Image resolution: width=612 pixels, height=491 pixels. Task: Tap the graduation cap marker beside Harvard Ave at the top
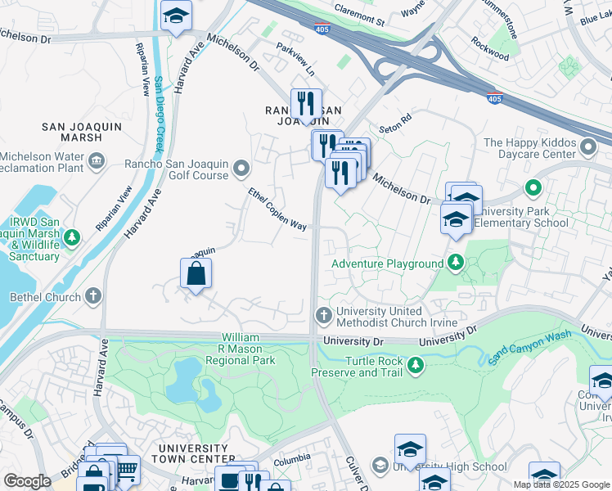(176, 17)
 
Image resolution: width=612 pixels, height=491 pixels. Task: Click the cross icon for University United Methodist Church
(324, 315)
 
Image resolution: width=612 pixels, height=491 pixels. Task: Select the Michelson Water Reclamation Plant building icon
(97, 159)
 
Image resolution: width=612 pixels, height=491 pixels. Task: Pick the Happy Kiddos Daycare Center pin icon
(588, 147)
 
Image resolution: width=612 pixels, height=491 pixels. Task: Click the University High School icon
(380, 466)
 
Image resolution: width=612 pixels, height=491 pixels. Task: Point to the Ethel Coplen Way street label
(277, 209)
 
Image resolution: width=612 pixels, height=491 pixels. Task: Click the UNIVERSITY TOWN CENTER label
(192, 454)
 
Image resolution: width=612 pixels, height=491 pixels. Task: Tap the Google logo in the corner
(27, 480)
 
